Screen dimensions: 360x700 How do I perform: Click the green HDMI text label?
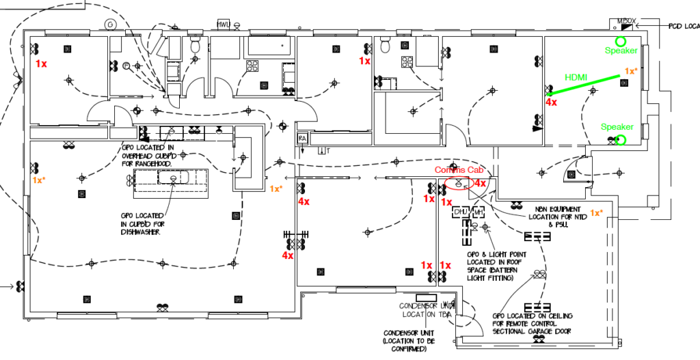(x=575, y=77)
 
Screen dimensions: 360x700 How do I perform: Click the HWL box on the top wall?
(x=223, y=24)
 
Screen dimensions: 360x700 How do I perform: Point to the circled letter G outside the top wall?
(x=109, y=24)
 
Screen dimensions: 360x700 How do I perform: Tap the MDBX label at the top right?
(x=626, y=21)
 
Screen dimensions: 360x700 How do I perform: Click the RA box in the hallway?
(x=301, y=139)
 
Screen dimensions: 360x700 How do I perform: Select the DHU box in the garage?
(x=460, y=212)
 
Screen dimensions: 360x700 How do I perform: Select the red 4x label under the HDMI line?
(x=551, y=102)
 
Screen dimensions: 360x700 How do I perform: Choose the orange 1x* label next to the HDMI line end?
(x=632, y=71)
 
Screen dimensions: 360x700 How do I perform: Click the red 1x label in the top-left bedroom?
(x=41, y=63)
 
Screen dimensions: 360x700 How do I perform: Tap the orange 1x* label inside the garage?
(x=597, y=213)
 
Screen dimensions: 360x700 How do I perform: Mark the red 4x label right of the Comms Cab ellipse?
(x=481, y=183)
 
